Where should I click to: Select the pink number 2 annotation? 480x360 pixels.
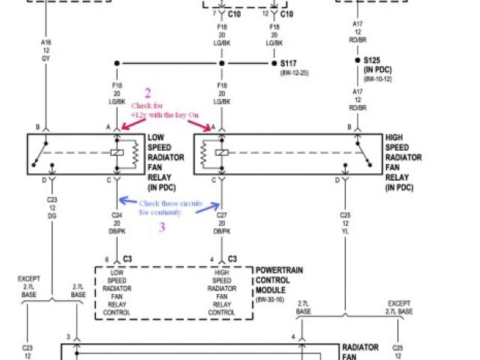click(x=147, y=93)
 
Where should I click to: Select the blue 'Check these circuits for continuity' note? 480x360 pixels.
click(x=160, y=208)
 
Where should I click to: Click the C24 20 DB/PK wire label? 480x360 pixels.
click(x=118, y=223)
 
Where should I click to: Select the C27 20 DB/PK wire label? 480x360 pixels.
click(x=220, y=223)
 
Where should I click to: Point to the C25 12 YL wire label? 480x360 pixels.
click(x=346, y=223)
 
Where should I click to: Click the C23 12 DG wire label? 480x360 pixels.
click(x=51, y=208)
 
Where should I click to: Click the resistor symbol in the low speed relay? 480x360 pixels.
click(x=136, y=154)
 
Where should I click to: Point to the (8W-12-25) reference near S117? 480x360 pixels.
click(x=294, y=73)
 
